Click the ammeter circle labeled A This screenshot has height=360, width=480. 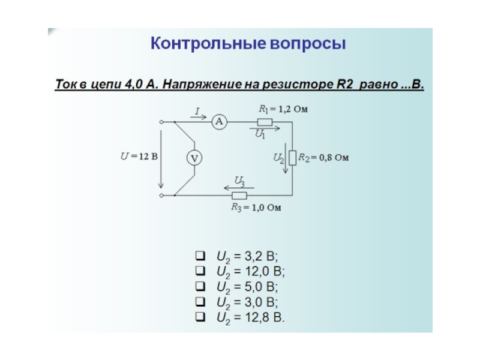(x=219, y=122)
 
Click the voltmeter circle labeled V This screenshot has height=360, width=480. (x=194, y=158)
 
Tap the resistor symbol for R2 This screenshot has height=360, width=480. (x=292, y=158)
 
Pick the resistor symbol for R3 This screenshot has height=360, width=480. (x=239, y=195)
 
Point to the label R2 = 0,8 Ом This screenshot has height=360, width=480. (x=324, y=158)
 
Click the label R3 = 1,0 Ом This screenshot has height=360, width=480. (x=256, y=208)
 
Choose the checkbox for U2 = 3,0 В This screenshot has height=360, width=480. (x=200, y=301)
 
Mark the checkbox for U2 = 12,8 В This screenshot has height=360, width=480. (x=200, y=316)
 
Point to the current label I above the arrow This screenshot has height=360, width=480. (x=197, y=111)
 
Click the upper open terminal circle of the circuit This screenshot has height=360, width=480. (x=161, y=122)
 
